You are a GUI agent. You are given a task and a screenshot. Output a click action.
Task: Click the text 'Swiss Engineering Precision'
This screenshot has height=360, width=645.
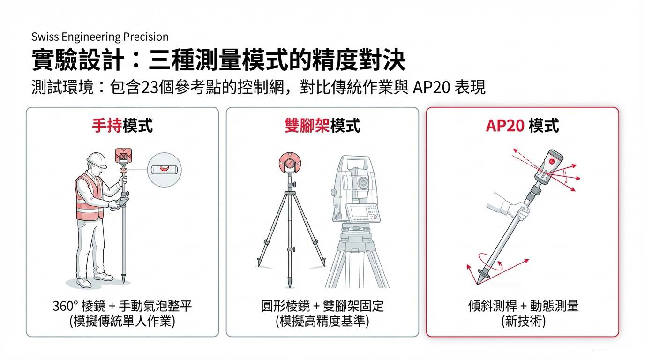(100, 37)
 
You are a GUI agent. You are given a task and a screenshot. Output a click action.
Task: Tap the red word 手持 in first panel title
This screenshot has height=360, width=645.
(107, 126)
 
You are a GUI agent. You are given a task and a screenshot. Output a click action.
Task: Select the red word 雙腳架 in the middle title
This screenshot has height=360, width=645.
(307, 126)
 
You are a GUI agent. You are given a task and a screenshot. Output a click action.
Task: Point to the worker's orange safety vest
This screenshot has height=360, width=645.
(89, 197)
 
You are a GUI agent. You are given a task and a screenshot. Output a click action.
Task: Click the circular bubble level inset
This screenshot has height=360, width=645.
(164, 171)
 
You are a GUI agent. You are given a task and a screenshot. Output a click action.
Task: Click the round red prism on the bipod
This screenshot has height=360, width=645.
(290, 164)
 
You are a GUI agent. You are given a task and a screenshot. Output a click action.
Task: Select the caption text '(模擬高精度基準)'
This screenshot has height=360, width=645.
(322, 322)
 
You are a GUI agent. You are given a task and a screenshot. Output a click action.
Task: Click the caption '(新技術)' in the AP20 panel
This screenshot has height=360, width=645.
(523, 322)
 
